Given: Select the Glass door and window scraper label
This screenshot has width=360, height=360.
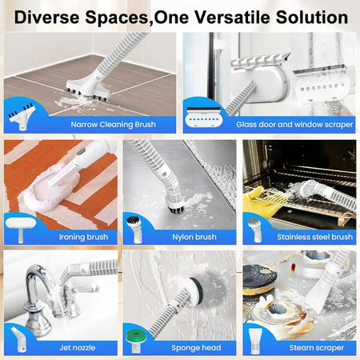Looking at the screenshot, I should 294,124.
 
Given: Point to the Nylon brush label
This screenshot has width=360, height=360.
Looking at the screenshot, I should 194,237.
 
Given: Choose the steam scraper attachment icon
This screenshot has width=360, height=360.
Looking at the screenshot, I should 256,339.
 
